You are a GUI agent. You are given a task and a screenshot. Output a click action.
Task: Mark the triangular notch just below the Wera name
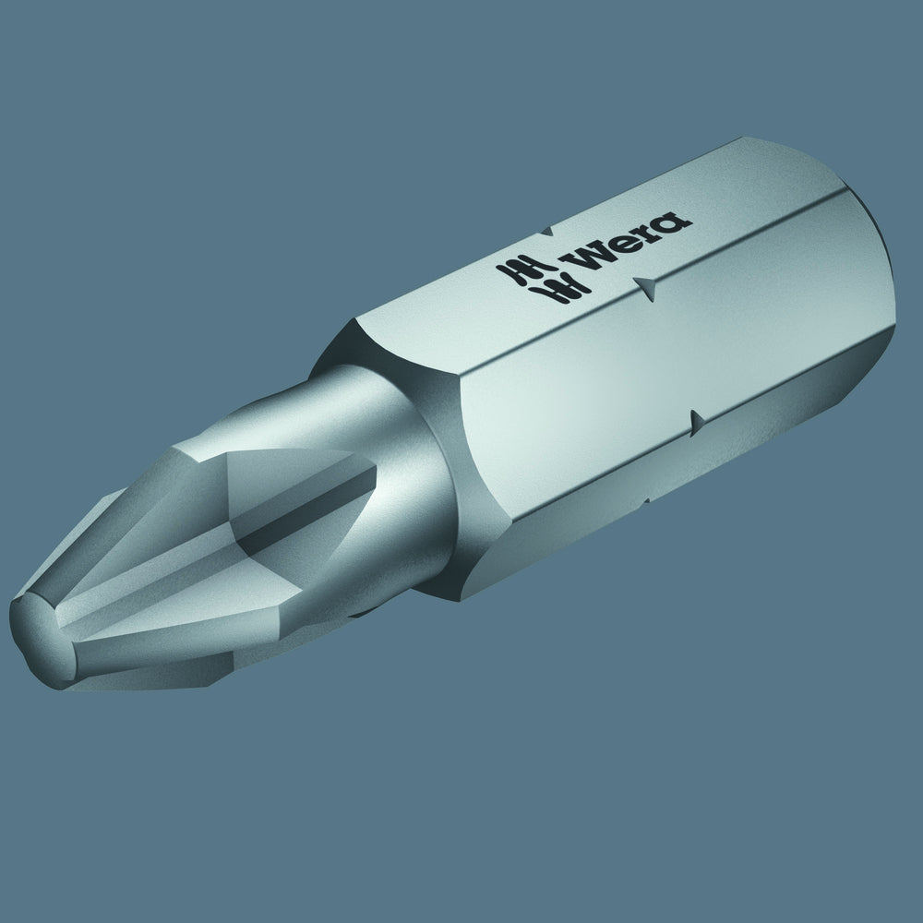pyautogui.click(x=648, y=288)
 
